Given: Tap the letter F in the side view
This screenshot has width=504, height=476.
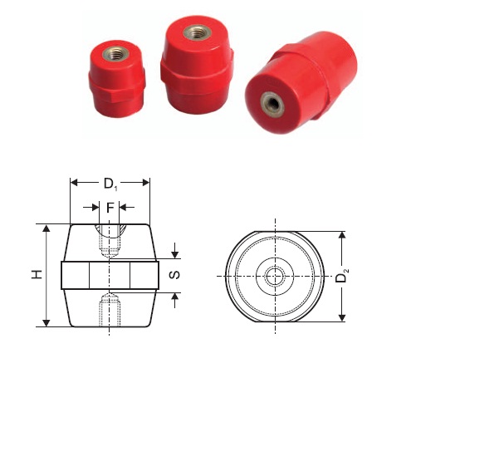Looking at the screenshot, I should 110,207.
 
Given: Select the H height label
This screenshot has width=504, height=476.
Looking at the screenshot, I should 37,275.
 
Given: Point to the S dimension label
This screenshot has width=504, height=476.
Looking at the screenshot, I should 175,275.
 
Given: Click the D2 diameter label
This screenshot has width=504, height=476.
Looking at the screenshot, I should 340,277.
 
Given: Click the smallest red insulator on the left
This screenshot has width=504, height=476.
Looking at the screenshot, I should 117,79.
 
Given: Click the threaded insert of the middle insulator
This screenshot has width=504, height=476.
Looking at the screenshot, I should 198,34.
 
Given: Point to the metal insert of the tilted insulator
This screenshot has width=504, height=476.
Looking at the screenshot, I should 272,103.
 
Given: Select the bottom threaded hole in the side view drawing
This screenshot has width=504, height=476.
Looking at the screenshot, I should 110,312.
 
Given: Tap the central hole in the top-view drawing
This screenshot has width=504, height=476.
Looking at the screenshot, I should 275,276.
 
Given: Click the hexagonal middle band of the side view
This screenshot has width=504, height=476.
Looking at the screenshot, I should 110,275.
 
